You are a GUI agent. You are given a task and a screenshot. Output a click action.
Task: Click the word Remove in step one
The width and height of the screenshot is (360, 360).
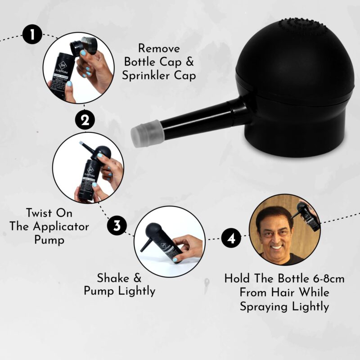pyautogui.click(x=159, y=48)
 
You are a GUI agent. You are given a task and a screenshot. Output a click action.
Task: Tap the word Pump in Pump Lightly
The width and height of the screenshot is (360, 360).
pyautogui.click(x=100, y=291)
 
